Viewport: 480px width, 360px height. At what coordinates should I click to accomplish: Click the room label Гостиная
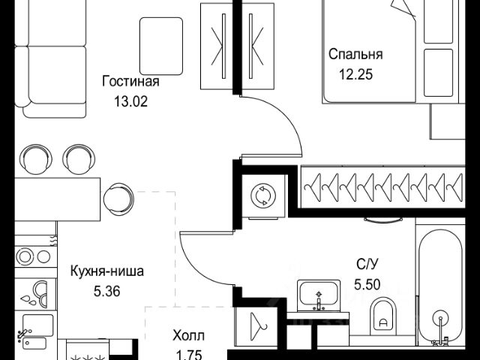point(130,82)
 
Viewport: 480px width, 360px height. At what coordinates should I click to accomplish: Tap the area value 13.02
point(130,102)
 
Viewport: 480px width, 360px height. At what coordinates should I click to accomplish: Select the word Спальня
point(355,55)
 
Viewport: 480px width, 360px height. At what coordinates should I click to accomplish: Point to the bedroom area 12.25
point(355,74)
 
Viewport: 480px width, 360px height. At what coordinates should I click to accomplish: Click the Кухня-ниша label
point(107,271)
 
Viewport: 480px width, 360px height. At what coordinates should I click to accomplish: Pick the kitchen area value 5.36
point(106,292)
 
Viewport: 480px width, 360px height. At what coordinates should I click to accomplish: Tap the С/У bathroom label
point(367,264)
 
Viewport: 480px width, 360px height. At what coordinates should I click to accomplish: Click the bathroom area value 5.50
point(367,284)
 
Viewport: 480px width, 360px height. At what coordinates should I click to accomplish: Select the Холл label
point(188,336)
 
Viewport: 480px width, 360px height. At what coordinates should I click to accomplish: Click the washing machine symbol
point(263,195)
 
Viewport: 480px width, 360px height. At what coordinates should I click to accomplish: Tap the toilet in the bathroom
point(383,316)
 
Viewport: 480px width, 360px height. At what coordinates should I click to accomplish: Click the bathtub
point(440,288)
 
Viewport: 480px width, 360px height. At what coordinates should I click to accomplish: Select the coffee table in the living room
point(161,46)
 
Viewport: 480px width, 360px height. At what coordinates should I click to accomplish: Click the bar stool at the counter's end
point(118,199)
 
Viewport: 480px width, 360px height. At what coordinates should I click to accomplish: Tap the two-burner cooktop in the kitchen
point(35,256)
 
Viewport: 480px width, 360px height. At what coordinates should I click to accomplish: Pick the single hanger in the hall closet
point(258,326)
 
